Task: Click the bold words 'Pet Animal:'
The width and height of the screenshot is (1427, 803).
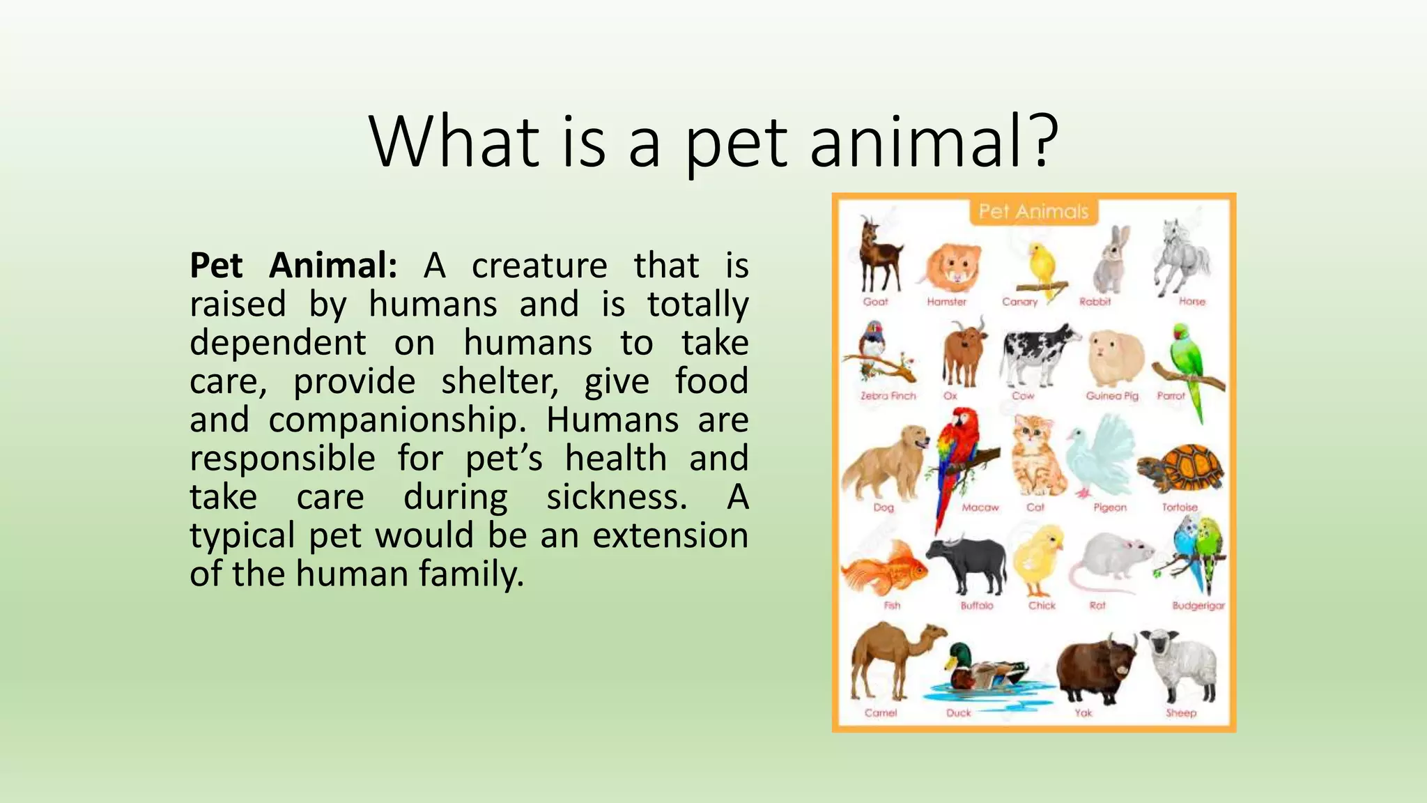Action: click(x=293, y=266)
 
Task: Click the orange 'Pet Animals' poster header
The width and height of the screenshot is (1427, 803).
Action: click(x=1033, y=211)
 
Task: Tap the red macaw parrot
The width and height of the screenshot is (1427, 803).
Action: click(x=956, y=460)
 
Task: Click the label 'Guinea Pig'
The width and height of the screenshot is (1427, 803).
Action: click(x=1111, y=396)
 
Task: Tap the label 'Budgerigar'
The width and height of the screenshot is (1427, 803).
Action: click(x=1198, y=606)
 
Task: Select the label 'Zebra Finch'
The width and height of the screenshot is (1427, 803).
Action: click(x=888, y=396)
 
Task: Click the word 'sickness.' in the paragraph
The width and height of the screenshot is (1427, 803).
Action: click(x=616, y=497)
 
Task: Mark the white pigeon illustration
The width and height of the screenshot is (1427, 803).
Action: click(x=1100, y=457)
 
